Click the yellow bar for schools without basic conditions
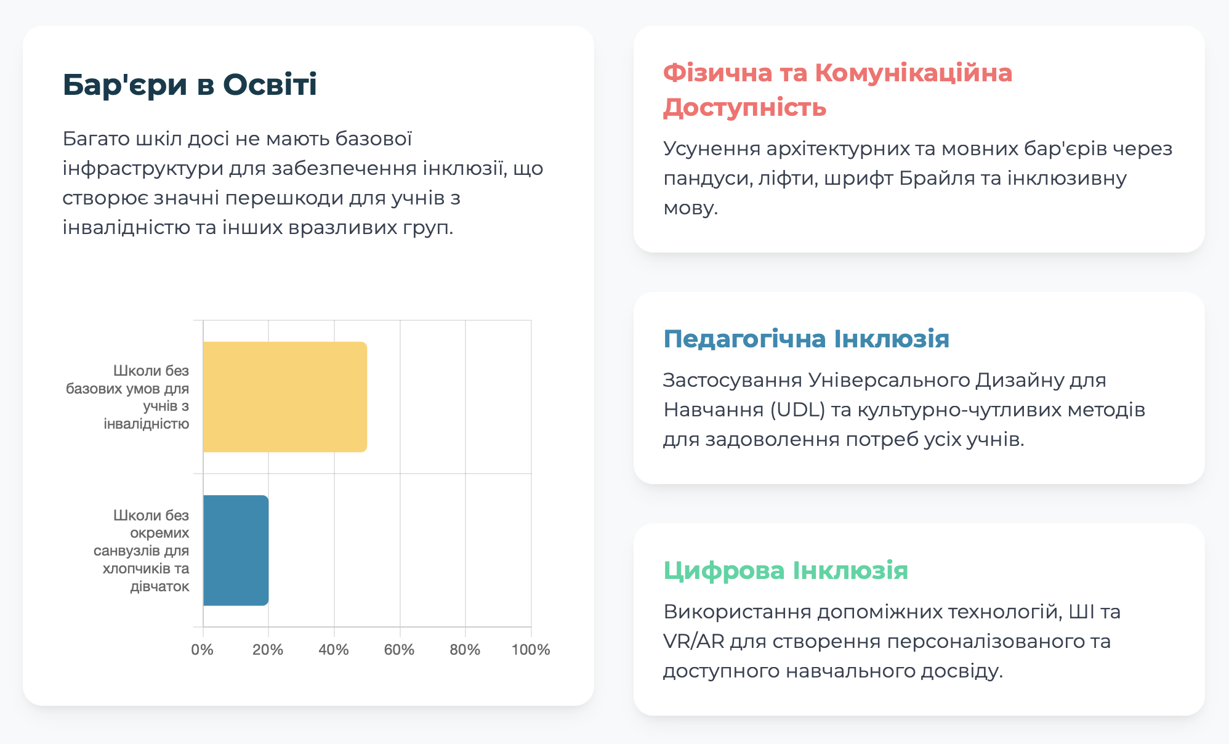pyautogui.click(x=285, y=397)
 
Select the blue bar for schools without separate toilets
pyautogui.click(x=236, y=550)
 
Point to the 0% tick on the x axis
pyautogui.click(x=203, y=650)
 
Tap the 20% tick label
pyautogui.click(x=268, y=650)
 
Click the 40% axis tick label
pyautogui.click(x=334, y=650)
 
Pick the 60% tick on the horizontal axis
pyautogui.click(x=399, y=650)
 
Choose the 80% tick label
pyautogui.click(x=465, y=650)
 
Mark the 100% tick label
pyautogui.click(x=531, y=650)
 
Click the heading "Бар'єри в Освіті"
pyautogui.click(x=190, y=84)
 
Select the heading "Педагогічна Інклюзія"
pyautogui.click(x=806, y=339)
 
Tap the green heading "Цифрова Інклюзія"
pyautogui.click(x=786, y=570)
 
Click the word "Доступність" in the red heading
pyautogui.click(x=744, y=108)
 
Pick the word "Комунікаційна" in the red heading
pyautogui.click(x=914, y=73)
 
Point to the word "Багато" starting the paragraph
pyautogui.click(x=96, y=139)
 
